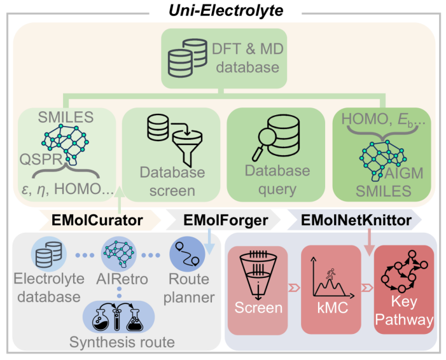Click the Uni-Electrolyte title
point(222,11)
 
